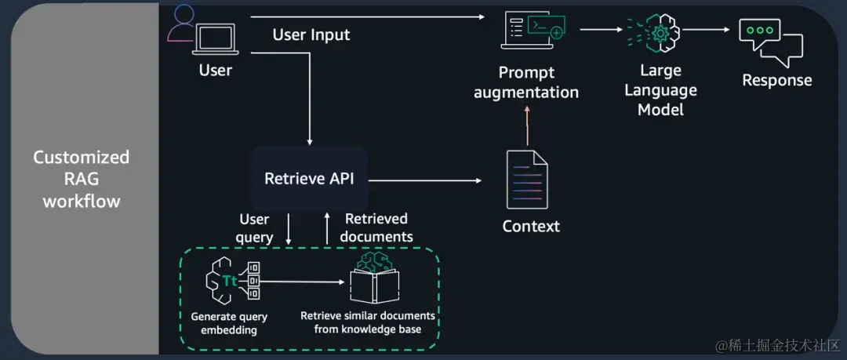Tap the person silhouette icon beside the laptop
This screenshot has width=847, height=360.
[182, 24]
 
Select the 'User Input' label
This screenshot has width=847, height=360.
[311, 35]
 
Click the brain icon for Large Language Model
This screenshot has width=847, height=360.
[658, 32]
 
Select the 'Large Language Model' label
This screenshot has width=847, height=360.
[660, 90]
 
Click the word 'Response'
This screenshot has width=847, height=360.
[776, 80]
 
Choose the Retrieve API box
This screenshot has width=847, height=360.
[309, 179]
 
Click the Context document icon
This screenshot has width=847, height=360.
[528, 180]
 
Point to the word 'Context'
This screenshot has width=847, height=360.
[531, 227]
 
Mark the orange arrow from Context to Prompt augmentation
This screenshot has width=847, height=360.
[528, 125]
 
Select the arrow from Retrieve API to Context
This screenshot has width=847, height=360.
[424, 180]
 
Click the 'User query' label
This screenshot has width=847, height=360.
[255, 227]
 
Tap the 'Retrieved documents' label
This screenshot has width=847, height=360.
[377, 227]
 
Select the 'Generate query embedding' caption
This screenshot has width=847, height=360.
[229, 323]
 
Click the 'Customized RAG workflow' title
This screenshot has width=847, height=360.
[81, 179]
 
